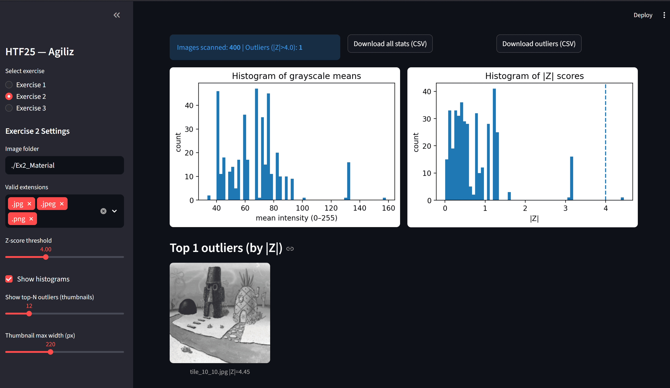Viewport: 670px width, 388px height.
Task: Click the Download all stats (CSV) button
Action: pos(390,44)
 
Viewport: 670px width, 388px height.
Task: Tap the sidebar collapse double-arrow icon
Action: pos(117,15)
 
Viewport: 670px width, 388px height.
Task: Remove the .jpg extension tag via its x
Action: pos(29,204)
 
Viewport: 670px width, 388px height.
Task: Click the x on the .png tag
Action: pos(31,219)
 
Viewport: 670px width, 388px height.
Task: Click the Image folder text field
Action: pos(65,165)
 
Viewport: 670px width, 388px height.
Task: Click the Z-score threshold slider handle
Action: pos(46,257)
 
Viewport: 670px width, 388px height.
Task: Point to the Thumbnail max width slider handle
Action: pos(50,352)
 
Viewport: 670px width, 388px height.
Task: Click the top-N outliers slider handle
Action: pos(29,314)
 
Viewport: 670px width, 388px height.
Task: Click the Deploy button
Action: pos(643,15)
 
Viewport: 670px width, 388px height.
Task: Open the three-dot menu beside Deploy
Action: pos(664,15)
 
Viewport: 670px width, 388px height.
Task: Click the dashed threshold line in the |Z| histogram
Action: pos(606,142)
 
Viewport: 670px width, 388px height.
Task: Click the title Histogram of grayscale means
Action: pos(296,76)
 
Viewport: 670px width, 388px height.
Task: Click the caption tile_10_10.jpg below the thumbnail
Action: pos(209,372)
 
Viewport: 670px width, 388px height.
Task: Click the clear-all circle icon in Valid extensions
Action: pos(103,211)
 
